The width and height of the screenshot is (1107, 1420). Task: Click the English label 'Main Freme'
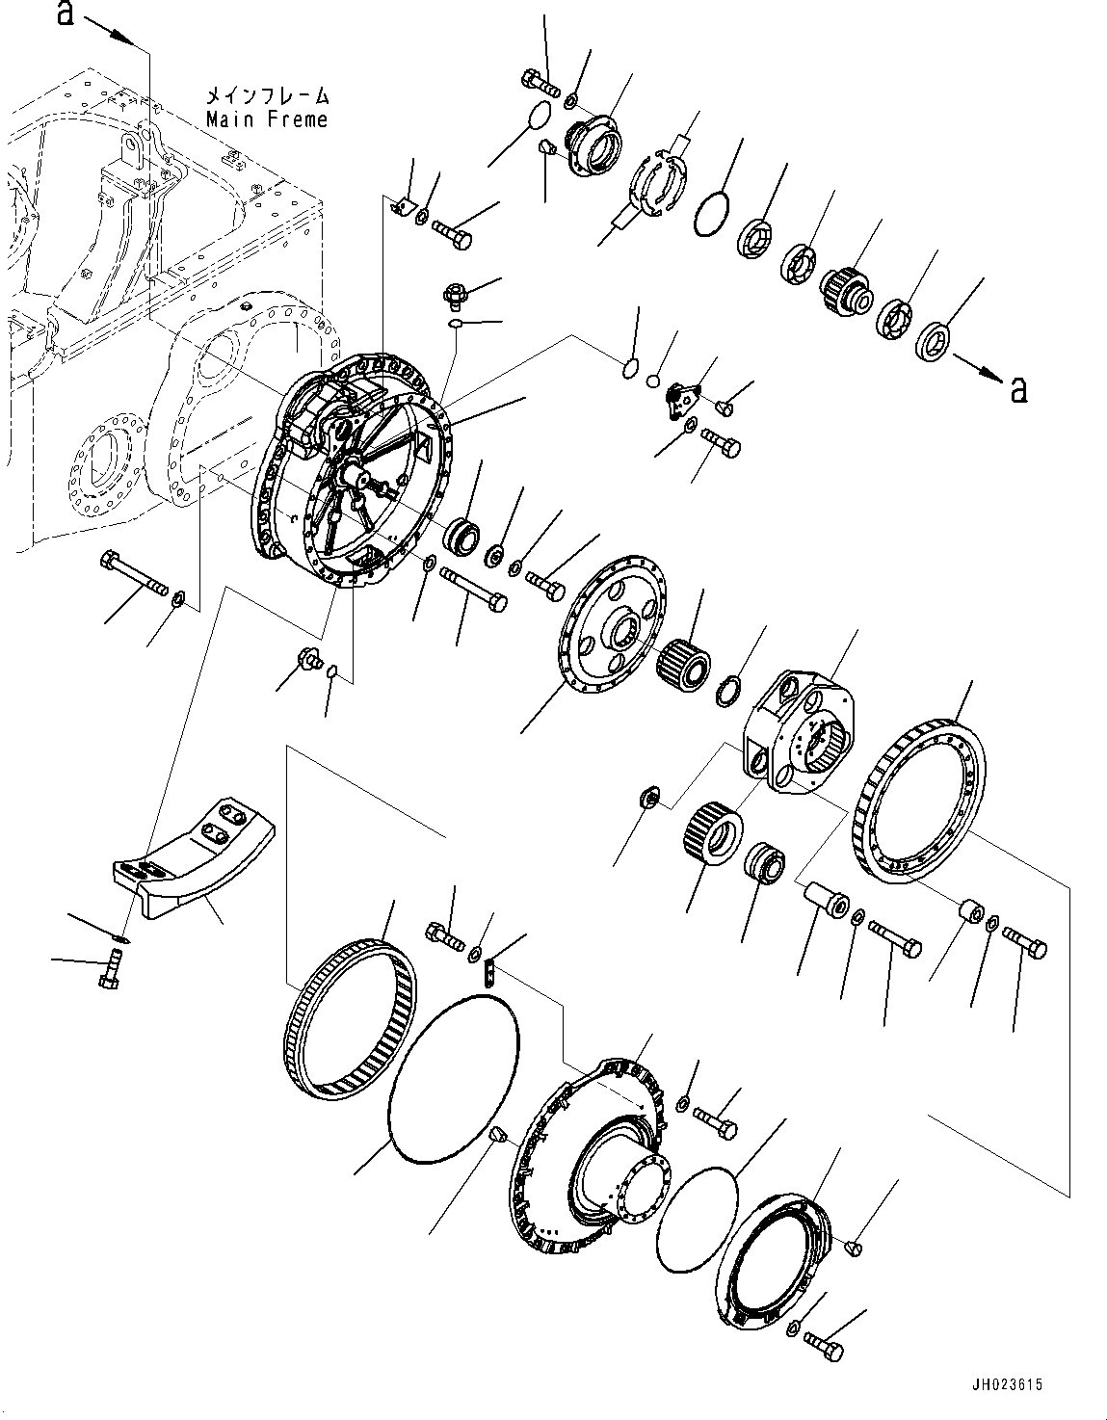[266, 119]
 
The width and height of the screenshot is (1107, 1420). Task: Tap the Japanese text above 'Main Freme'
[266, 96]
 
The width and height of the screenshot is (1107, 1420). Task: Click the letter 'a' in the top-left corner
[66, 13]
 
